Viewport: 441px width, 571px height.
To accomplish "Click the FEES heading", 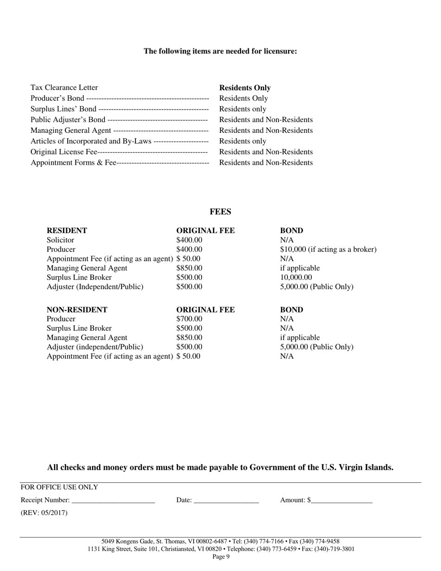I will [220, 212].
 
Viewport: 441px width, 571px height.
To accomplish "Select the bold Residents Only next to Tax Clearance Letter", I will [245, 88].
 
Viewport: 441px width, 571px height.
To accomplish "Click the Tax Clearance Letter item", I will [64, 87].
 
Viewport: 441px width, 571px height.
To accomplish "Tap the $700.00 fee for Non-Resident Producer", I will [189, 319].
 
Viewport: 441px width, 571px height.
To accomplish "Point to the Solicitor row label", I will [60, 240].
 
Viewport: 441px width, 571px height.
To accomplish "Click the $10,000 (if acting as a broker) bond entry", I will [328, 249].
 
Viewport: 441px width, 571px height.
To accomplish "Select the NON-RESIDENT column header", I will [77, 310].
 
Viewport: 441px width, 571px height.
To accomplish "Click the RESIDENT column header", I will [67, 231].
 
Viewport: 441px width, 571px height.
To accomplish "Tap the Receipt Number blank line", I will [113, 500].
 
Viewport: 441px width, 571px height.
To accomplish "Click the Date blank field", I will [226, 500].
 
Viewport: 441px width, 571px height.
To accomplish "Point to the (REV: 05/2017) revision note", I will [44, 513].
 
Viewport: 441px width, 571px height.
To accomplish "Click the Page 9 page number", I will [221, 557].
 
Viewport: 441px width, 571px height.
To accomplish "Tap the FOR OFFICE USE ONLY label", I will [59, 487].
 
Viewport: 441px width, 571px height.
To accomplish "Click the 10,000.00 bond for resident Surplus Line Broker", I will [296, 277].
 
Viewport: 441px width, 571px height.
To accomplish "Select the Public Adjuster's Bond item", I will [68, 120].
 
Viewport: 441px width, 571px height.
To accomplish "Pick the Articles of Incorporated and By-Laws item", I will [91, 141].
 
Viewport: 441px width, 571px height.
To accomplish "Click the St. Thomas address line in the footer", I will [220, 541].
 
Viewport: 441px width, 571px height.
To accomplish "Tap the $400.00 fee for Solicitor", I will [189, 240].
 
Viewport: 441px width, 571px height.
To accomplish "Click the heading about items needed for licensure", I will [220, 51].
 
